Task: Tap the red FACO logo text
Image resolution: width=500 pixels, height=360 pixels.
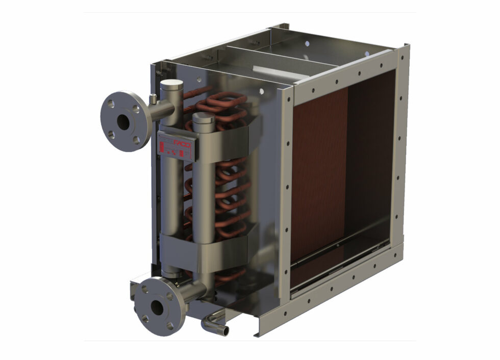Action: click(x=183, y=144)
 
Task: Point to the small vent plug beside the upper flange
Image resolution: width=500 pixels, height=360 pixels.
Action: click(x=153, y=97)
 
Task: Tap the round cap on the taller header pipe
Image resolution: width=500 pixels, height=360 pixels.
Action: click(x=170, y=85)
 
